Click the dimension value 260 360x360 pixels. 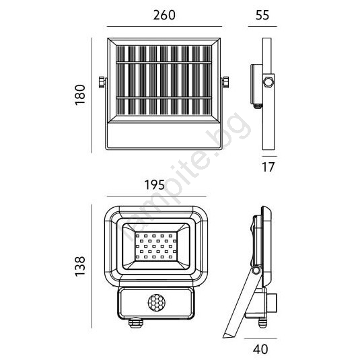[x=164, y=15]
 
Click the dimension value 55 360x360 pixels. [x=262, y=15]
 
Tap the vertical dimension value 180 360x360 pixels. [x=80, y=95]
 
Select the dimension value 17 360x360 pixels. [x=268, y=167]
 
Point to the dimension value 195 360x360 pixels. [x=155, y=185]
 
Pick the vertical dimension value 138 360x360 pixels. [x=80, y=266]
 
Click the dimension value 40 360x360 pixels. [x=260, y=349]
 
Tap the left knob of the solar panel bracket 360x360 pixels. [x=102, y=82]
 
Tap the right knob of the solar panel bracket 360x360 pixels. [x=225, y=82]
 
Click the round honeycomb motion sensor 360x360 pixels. [x=156, y=302]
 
